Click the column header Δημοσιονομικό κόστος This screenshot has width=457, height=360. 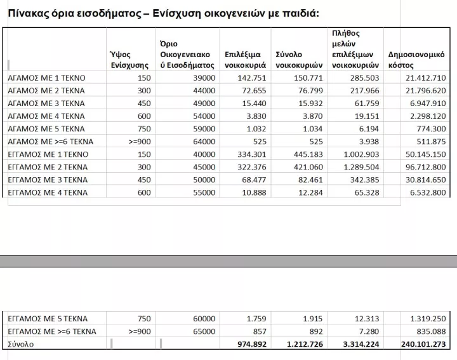[x=416, y=60]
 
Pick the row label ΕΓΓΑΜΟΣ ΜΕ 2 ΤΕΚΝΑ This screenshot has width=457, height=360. [x=48, y=167]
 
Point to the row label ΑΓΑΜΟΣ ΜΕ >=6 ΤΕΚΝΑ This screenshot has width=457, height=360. [x=51, y=142]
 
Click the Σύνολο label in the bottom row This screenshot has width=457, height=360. [x=21, y=344]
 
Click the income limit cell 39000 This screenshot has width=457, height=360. [x=204, y=77]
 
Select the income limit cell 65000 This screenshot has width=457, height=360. [x=204, y=331]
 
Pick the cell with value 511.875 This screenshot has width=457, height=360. [x=428, y=142]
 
